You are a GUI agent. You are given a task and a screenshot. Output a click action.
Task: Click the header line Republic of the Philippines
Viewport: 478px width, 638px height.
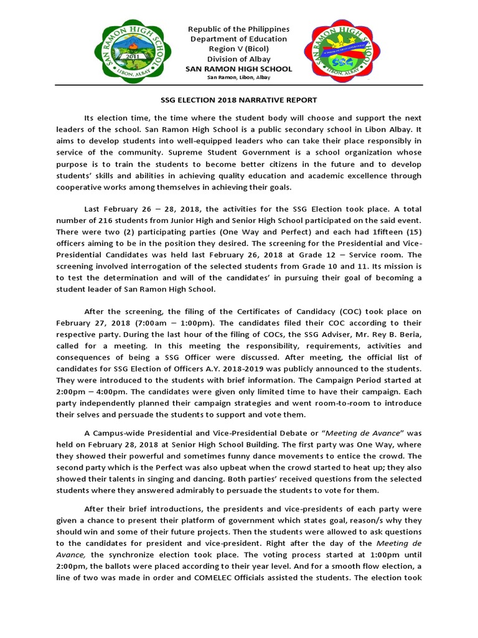(239, 29)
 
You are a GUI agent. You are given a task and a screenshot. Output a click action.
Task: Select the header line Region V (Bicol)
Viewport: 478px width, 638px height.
(239, 49)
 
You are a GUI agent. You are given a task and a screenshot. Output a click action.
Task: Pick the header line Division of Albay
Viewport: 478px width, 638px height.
(239, 59)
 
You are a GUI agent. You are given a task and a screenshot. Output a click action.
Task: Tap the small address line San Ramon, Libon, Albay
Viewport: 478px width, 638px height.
(239, 78)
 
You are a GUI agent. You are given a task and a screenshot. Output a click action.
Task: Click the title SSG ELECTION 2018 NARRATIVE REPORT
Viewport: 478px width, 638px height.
(239, 100)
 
